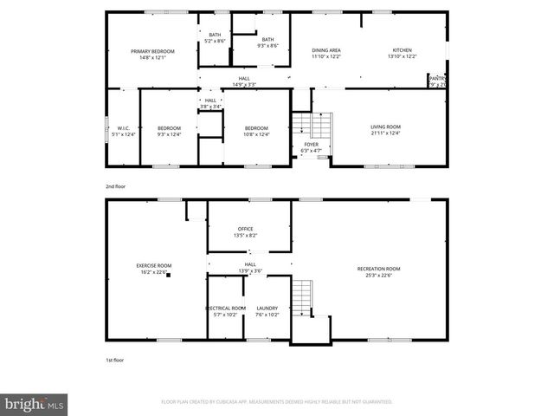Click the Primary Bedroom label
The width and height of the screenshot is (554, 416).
coord(152,51)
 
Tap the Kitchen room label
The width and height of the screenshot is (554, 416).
coord(403,51)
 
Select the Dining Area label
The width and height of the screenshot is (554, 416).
coord(326,51)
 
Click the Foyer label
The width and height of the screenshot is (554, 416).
coord(311,145)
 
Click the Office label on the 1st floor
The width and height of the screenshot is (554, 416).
coord(246,229)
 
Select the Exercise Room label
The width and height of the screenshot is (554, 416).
coord(153,265)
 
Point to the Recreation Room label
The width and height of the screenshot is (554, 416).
coord(378,269)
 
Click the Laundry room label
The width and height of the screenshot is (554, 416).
coord(267,308)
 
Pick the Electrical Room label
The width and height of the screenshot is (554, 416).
coord(225,308)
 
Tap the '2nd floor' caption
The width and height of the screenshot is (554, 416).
coord(116,185)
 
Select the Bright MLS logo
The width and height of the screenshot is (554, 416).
coord(35,403)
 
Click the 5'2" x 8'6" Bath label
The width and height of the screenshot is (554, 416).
coord(214,38)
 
